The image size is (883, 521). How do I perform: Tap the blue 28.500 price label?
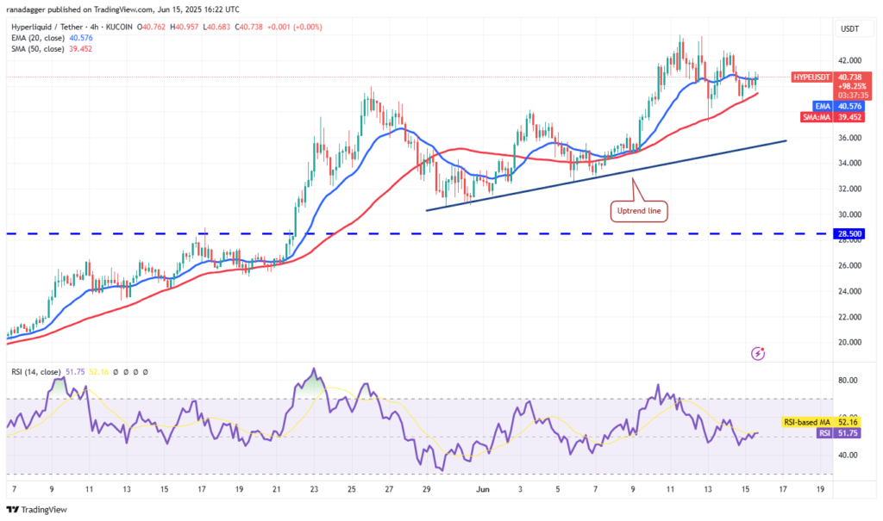click(851, 233)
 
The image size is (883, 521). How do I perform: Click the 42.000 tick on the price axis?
click(849, 60)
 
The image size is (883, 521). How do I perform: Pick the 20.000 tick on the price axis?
click(849, 342)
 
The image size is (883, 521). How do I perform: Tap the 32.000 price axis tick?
click(849, 189)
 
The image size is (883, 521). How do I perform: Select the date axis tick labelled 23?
click(314, 487)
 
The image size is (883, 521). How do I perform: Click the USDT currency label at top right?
click(850, 29)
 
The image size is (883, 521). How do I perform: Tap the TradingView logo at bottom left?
click(40, 508)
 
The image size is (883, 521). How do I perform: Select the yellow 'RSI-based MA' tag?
click(807, 423)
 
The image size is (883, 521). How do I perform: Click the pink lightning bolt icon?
click(757, 353)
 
